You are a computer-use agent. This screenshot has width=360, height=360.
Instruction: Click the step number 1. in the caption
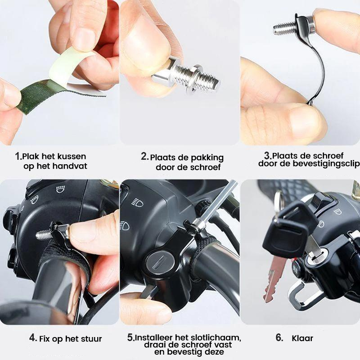18,156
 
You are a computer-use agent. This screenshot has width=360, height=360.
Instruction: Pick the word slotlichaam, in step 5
215,337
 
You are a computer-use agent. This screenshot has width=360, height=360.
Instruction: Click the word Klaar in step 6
302,338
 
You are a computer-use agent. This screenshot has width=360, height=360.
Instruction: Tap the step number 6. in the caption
279,337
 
